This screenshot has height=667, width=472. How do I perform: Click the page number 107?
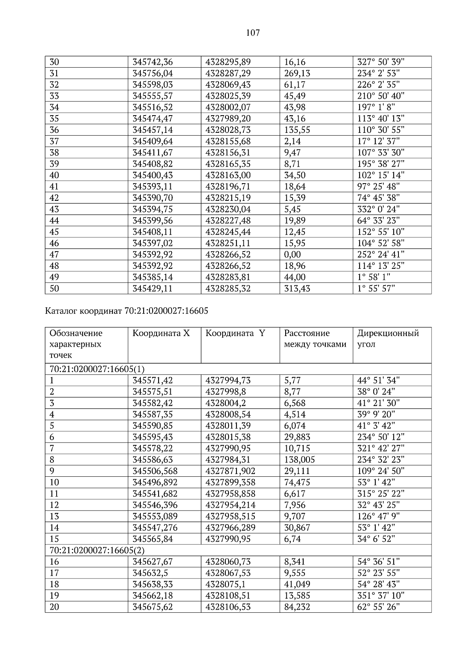coord(253,33)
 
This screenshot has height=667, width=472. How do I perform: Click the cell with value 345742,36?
coord(153,62)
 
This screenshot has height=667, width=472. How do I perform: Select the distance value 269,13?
coord(297,73)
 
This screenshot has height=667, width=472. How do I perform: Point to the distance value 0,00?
coord(292,255)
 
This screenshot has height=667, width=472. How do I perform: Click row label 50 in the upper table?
coord(54,289)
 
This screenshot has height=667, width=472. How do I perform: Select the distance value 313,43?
coord(297,289)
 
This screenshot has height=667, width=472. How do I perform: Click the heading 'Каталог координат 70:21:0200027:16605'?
coord(127,311)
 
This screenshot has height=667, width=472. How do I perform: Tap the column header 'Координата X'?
coord(161,334)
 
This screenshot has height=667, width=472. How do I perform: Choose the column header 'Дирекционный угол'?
coord(388,339)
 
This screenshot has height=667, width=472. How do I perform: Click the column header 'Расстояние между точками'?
coord(315,339)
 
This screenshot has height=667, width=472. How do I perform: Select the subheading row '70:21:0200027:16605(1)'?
coord(97,369)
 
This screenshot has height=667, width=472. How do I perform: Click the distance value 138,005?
coord(299,460)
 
